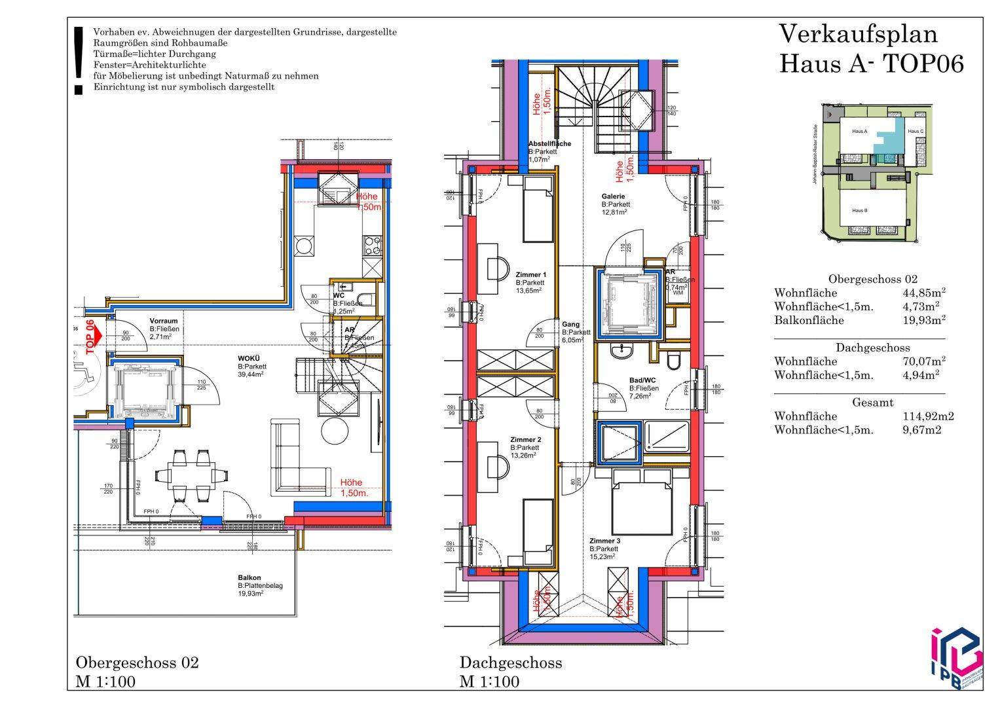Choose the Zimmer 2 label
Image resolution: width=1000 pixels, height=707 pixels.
(x=525, y=440)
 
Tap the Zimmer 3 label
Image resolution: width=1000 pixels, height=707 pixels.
(x=604, y=541)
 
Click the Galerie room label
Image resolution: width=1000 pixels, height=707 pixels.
(x=613, y=196)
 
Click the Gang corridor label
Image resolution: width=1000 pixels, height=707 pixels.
(x=570, y=324)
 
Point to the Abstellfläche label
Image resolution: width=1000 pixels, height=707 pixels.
(x=549, y=143)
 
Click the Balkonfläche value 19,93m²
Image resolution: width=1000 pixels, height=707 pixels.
(x=923, y=320)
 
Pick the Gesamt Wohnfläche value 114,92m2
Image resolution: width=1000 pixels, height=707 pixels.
(x=927, y=416)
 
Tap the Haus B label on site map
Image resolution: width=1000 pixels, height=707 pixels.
(x=859, y=210)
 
